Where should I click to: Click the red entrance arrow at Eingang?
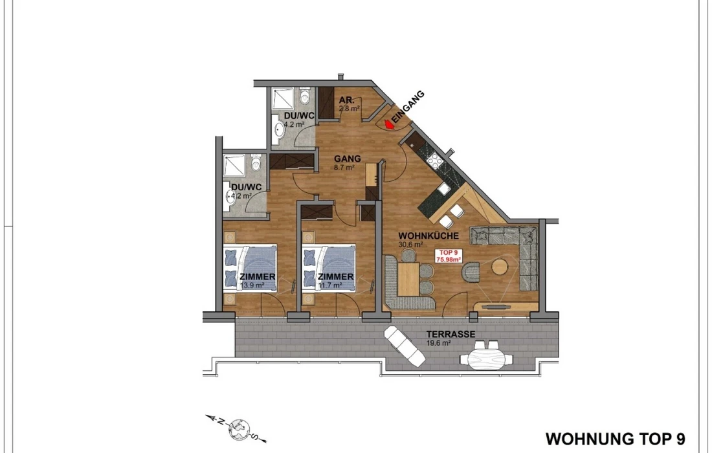click(x=389, y=124)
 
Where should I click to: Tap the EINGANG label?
click(x=408, y=107)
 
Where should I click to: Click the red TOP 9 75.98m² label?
click(x=449, y=256)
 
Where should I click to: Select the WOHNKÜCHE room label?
click(x=428, y=236)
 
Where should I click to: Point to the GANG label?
click(x=348, y=159)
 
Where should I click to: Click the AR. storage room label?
click(x=346, y=100)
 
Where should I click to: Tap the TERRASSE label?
click(x=451, y=335)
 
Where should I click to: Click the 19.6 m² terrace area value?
click(x=438, y=343)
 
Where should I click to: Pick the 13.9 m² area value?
click(x=252, y=285)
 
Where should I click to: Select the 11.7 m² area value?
click(x=330, y=285)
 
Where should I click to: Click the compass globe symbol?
click(x=239, y=428)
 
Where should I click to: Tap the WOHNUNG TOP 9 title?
click(x=616, y=439)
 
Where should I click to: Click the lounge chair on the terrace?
click(x=405, y=346)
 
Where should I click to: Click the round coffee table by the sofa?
click(x=500, y=267)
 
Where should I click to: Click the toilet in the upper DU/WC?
click(x=304, y=96)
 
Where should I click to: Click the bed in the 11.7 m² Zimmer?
click(x=328, y=268)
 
